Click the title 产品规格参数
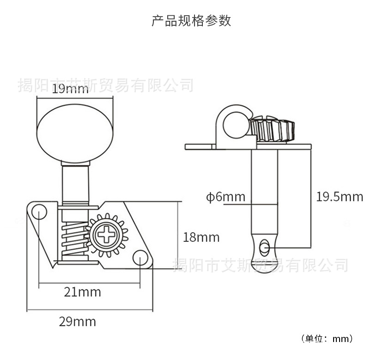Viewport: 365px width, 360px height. click(x=191, y=21)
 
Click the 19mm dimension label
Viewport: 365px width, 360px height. click(x=70, y=90)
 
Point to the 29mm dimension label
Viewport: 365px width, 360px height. click(x=77, y=321)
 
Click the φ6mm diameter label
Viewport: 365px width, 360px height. click(x=225, y=197)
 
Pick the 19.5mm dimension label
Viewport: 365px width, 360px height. click(x=340, y=197)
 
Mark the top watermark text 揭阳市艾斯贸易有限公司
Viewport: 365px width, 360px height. click(x=105, y=85)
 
